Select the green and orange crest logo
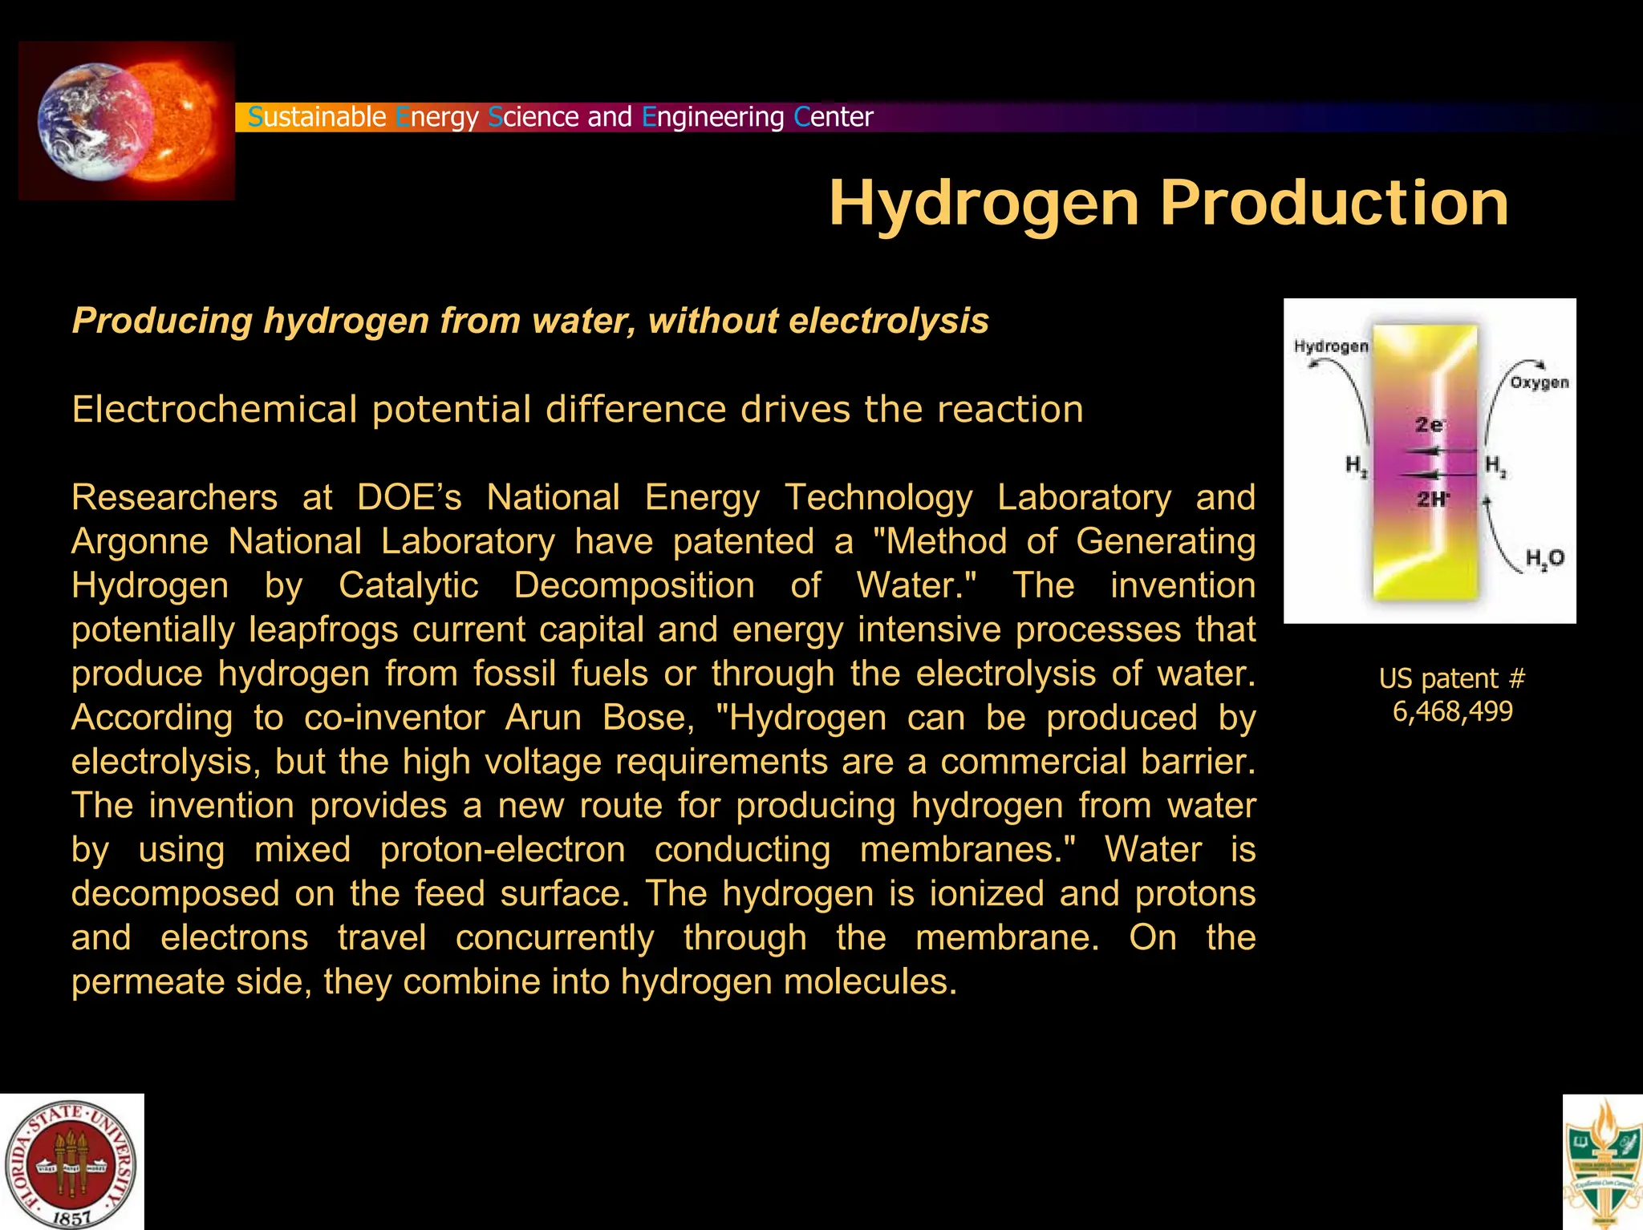coord(1603,1163)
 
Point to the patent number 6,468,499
coord(1452,711)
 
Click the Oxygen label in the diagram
coord(1539,382)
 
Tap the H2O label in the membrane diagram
coord(1544,558)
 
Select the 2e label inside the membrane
coord(1429,424)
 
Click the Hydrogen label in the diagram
coord(1331,346)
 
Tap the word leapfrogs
coord(323,629)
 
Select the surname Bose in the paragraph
coord(648,718)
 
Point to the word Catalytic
coord(408,585)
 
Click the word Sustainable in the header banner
coord(317,117)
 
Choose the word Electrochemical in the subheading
coord(213,410)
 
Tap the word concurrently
coord(554,938)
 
